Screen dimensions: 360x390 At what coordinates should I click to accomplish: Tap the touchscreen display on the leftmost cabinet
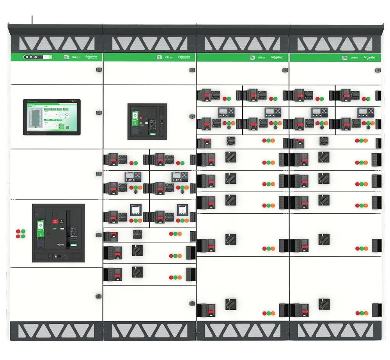pos(52,117)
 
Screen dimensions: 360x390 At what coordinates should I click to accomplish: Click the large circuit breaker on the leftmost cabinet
pos(58,232)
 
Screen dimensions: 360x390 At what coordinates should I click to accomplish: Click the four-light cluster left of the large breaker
pos(20,234)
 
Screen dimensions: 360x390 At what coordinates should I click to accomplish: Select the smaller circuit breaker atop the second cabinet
pos(147,121)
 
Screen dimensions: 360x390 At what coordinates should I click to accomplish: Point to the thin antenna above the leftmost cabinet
pos(32,20)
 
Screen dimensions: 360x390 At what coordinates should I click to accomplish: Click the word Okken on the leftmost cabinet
pos(76,57)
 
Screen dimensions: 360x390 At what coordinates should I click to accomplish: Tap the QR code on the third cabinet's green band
pos(252,57)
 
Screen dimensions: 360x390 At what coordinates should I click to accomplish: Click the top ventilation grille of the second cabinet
pos(150,43)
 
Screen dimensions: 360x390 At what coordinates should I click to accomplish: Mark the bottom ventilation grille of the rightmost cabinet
pos(335,331)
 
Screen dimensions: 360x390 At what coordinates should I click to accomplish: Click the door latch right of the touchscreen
pos(98,113)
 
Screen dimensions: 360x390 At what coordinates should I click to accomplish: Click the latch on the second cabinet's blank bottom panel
pos(192,303)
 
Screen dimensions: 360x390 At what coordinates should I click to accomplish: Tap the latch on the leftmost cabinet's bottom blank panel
pos(98,296)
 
